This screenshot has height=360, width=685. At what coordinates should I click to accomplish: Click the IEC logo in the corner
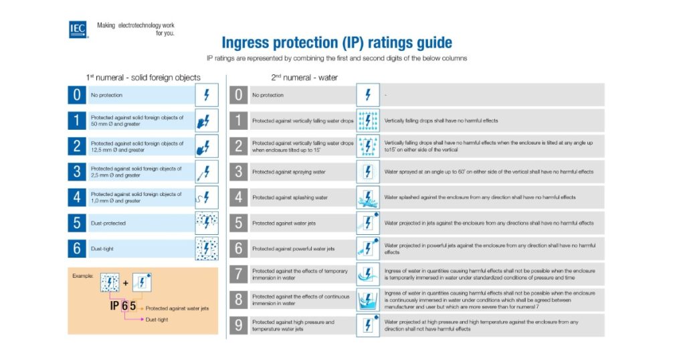point(78,29)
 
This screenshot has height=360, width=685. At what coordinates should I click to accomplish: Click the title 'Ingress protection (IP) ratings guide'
point(336,43)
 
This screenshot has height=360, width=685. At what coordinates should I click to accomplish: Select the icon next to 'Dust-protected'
point(206,223)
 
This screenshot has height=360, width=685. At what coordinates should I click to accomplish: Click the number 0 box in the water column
point(237,95)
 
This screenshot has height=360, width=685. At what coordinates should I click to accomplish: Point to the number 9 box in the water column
point(237,326)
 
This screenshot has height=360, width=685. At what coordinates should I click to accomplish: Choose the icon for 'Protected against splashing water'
point(367,197)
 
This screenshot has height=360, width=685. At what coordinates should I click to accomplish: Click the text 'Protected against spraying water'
point(288,172)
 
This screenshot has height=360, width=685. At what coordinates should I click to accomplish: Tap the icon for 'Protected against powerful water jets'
point(367,249)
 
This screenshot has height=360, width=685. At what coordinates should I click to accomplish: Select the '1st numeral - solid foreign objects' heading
point(143,78)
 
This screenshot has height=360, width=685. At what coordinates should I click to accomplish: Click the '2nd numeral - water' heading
point(304,78)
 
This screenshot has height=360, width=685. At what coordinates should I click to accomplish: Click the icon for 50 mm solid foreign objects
point(206,120)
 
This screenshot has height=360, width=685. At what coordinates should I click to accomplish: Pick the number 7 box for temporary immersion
point(237,274)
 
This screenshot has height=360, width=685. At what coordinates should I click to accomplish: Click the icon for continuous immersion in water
point(367,300)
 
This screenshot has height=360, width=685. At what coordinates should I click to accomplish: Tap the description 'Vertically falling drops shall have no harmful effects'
point(441,120)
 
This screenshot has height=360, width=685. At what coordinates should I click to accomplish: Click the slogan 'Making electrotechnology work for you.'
point(136,29)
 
